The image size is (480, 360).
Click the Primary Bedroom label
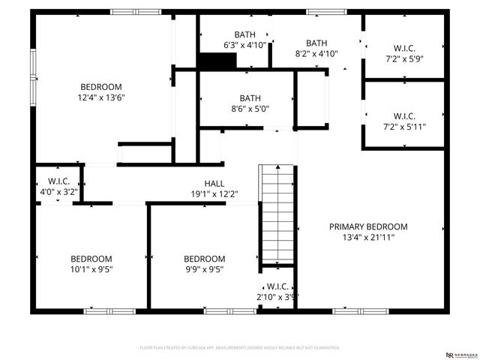[368, 226]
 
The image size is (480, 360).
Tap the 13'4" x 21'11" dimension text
[368, 237]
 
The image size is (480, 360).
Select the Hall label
[214, 184]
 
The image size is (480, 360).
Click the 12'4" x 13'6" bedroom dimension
[101, 97]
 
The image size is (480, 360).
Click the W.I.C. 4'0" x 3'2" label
[58, 187]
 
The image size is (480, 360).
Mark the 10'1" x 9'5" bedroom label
[91, 264]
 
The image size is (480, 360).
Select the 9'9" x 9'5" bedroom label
[204, 264]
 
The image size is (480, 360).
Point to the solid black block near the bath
[217, 61]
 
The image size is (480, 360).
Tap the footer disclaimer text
[240, 348]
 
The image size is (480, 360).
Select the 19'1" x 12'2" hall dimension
[214, 194]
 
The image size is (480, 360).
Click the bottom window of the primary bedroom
[359, 310]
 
